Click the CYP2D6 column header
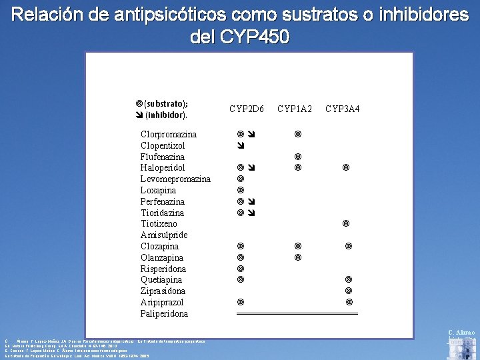247,109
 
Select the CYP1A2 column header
295,109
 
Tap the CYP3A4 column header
343,109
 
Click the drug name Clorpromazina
169,134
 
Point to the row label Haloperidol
163,167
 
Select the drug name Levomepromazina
175,179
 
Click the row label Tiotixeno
159,223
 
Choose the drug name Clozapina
160,246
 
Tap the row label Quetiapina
161,279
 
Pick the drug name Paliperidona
164,313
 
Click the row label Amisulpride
164,235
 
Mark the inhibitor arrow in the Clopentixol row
241,145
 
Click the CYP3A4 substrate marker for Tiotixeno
346,223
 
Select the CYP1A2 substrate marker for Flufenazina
298,157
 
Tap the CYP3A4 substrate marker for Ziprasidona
349,291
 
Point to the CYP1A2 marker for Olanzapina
298,257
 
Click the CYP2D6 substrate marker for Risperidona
241,269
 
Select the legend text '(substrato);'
165,103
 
